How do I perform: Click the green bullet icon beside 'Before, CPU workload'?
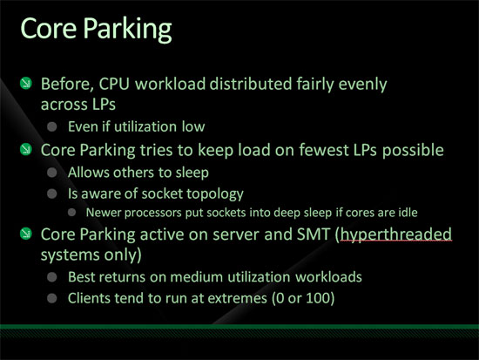coord(26,83)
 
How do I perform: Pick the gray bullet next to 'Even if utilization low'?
coord(52,126)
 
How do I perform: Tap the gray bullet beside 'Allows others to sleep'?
coord(52,173)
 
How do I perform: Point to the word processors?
coord(152,213)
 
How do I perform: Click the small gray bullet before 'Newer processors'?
coord(72,213)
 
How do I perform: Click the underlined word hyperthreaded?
coord(396,234)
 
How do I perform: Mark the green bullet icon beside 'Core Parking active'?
coord(26,234)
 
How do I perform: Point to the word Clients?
coord(89,298)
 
